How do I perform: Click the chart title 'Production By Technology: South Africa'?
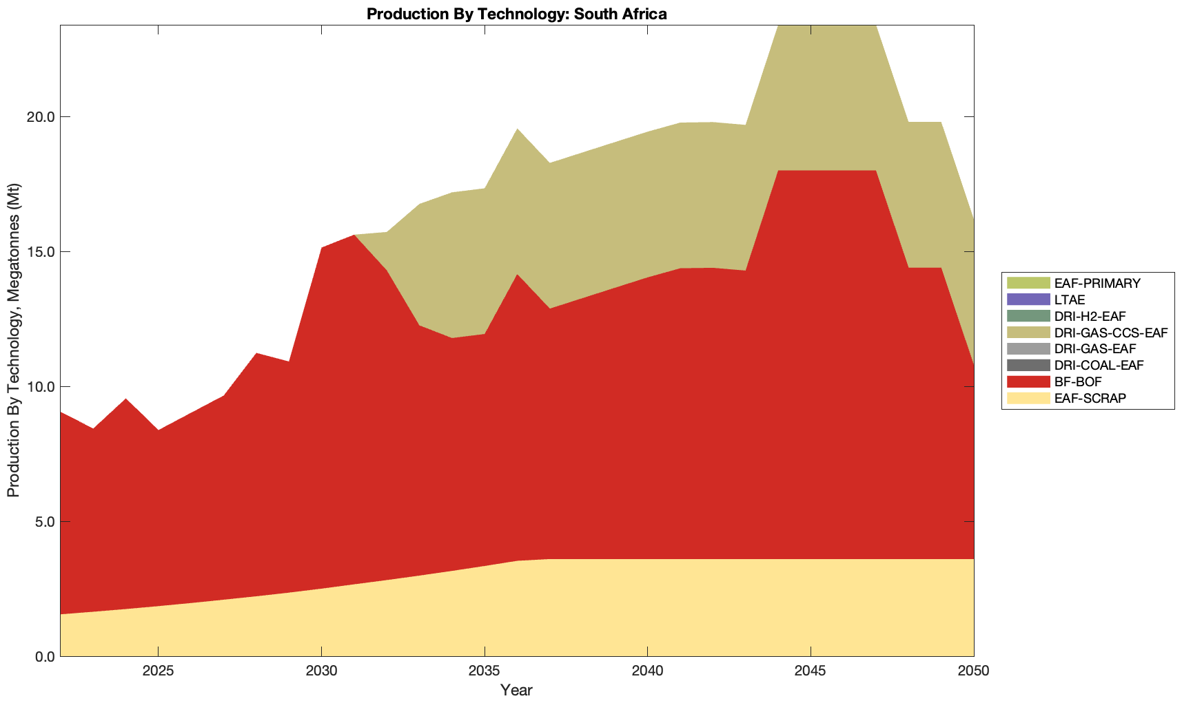516,14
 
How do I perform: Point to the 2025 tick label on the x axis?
158,672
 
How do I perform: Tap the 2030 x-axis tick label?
321,672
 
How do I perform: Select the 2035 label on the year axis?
485,672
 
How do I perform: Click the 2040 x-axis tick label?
647,672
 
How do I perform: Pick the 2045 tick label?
811,672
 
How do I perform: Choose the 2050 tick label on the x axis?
973,672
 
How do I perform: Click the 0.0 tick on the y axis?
43,657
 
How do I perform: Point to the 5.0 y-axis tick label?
43,522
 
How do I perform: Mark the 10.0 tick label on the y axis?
41,387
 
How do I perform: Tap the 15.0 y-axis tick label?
41,252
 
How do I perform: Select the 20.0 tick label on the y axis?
41,117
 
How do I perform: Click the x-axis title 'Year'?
516,690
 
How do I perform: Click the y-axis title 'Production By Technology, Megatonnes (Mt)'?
13,340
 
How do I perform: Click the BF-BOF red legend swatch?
1028,381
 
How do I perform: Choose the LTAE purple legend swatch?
1028,300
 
